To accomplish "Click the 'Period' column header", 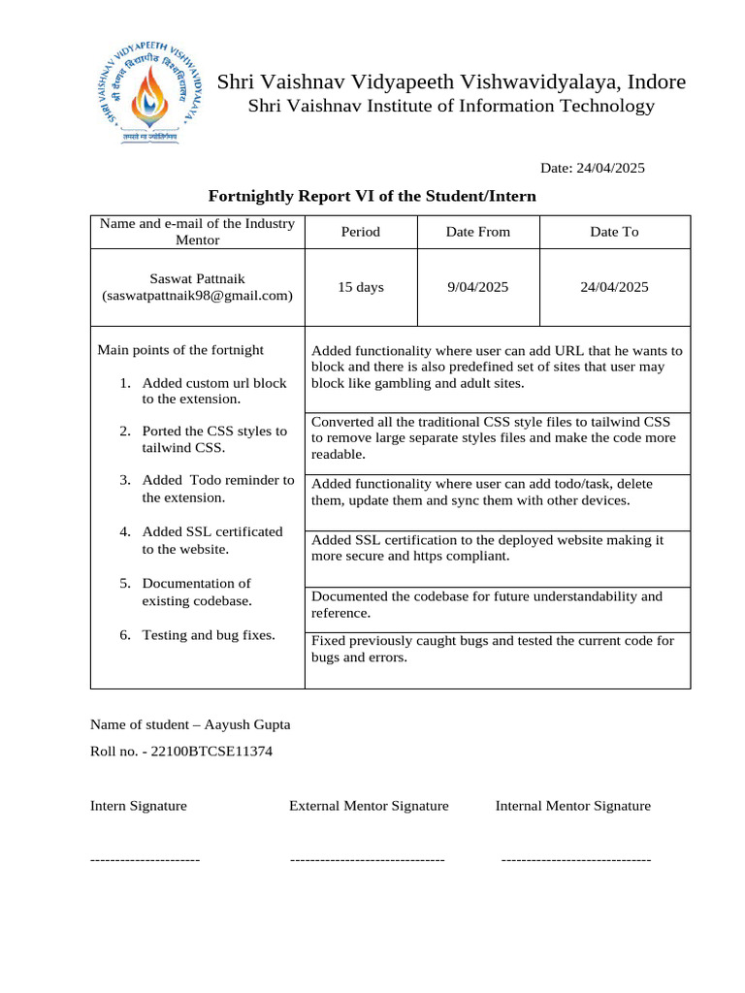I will [x=361, y=232].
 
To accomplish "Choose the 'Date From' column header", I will [x=477, y=232].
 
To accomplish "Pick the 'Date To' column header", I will [x=614, y=232].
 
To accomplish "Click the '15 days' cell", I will [x=361, y=287].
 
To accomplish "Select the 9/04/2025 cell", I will [x=477, y=287].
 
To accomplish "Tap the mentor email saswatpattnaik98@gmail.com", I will [x=197, y=296].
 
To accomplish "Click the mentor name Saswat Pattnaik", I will [x=197, y=278].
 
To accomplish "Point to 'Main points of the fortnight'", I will [x=180, y=350].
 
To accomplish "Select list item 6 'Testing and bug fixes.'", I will [x=208, y=635].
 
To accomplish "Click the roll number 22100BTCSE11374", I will [x=211, y=751].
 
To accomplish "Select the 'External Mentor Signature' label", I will [x=369, y=806].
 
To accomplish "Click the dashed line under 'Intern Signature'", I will [x=145, y=859].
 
